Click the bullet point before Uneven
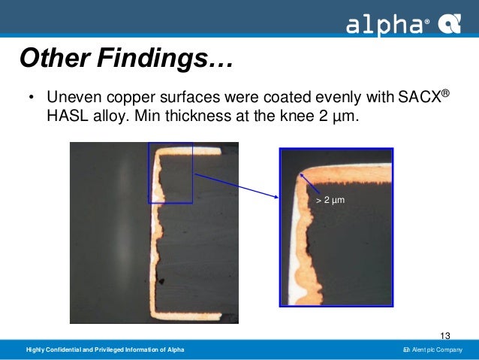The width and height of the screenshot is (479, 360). [x=31, y=98]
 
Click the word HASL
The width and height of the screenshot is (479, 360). [x=65, y=119]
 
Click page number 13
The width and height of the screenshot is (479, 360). [x=445, y=335]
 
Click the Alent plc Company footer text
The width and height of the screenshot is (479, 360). [x=435, y=352]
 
